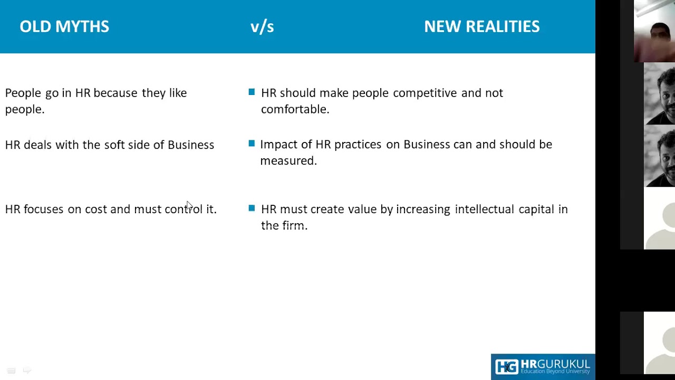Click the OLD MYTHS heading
64,26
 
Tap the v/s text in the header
262,26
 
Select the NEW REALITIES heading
481,26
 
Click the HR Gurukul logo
543,366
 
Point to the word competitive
425,93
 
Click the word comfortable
295,109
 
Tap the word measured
288,160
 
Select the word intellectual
484,209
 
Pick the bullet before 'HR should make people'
252,92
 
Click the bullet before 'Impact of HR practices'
252,144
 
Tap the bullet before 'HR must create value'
252,208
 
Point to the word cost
96,209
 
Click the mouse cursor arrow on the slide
189,205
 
